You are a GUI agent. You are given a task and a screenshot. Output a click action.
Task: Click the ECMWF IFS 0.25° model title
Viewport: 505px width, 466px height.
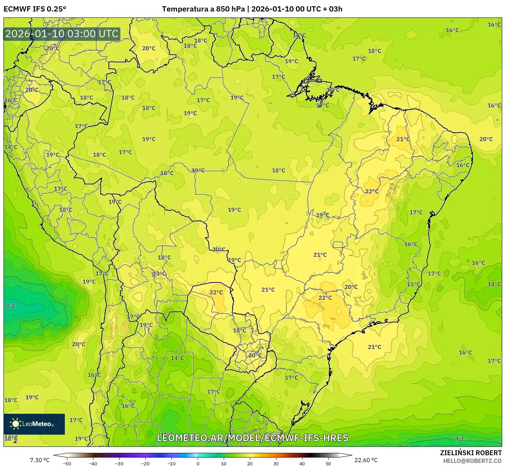(x=35, y=9)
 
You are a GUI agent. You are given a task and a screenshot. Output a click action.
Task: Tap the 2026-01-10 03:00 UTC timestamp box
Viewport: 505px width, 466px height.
(x=62, y=34)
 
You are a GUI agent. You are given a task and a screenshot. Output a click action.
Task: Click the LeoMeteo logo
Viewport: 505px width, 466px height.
(x=34, y=424)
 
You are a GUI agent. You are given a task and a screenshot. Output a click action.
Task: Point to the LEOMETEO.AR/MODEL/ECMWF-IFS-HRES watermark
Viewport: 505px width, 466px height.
(x=253, y=438)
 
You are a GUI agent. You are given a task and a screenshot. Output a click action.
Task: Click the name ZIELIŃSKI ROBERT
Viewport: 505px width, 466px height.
(x=470, y=453)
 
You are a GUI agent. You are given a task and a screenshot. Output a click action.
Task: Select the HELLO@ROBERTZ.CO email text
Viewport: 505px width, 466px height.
(x=472, y=461)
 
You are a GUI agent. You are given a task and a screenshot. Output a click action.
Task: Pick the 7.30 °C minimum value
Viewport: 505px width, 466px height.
(x=40, y=460)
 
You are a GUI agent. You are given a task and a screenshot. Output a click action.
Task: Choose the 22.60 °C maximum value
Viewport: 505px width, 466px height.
(x=366, y=460)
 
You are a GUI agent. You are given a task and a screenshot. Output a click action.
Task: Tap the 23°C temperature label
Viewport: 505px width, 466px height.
(x=159, y=274)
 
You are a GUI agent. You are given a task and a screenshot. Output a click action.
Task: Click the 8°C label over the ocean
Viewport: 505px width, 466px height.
(x=11, y=306)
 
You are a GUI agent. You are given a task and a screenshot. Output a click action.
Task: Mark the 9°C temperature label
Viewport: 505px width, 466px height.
(x=460, y=438)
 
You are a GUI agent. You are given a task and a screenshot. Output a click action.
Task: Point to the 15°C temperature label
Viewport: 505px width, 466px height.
(x=414, y=284)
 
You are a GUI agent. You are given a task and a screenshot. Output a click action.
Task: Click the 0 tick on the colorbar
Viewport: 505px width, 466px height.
(x=198, y=464)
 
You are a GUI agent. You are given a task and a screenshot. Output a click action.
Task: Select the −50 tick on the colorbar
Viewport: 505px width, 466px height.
(x=67, y=464)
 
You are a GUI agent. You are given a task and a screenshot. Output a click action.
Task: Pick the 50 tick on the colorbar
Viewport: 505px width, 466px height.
(x=328, y=464)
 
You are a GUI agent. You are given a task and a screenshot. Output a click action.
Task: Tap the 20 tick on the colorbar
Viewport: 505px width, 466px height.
(x=250, y=464)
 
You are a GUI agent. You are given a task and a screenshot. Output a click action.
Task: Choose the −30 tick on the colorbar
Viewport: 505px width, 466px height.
(x=119, y=464)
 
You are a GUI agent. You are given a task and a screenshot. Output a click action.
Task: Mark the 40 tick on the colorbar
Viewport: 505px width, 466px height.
(x=302, y=464)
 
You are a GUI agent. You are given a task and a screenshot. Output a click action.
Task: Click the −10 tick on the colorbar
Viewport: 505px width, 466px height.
(x=171, y=464)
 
